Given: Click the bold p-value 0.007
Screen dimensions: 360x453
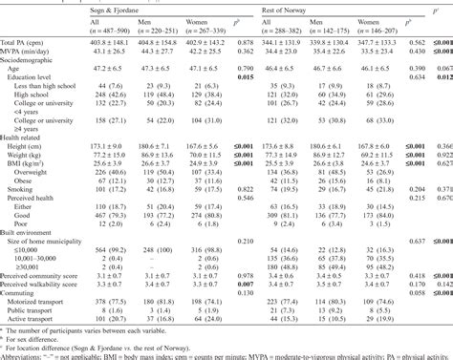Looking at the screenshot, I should (244, 311).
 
